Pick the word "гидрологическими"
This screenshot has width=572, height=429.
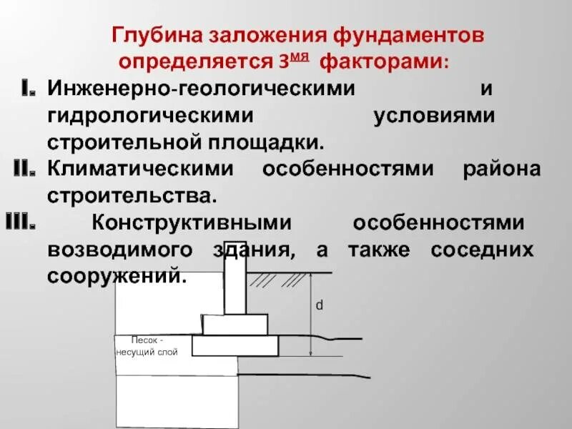click(x=151, y=116)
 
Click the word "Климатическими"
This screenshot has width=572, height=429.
click(x=140, y=169)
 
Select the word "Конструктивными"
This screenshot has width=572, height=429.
click(x=192, y=222)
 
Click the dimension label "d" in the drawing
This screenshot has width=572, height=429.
click(x=320, y=305)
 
